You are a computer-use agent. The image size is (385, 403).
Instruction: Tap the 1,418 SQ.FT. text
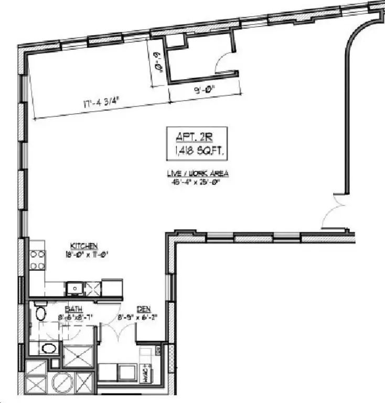point(197,152)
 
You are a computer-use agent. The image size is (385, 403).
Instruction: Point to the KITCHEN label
point(84,246)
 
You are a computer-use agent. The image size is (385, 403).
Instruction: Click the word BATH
point(73,310)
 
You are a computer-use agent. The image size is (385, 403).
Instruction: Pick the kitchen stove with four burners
point(37,260)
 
